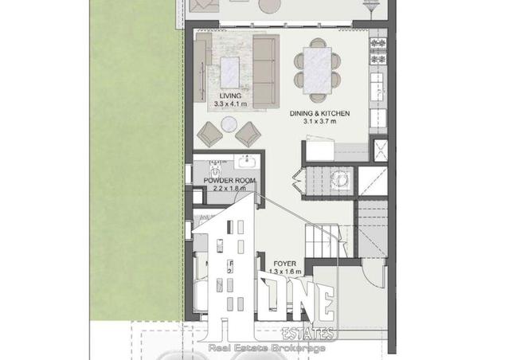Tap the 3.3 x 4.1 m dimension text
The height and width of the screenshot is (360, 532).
(x=229, y=104)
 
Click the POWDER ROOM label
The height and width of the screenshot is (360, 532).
(x=229, y=181)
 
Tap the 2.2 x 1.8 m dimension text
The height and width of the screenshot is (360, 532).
(x=229, y=189)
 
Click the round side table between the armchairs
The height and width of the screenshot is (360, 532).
(x=229, y=124)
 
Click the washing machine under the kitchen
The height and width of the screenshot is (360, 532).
(x=342, y=179)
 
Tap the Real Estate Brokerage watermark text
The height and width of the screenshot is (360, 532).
(x=266, y=348)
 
